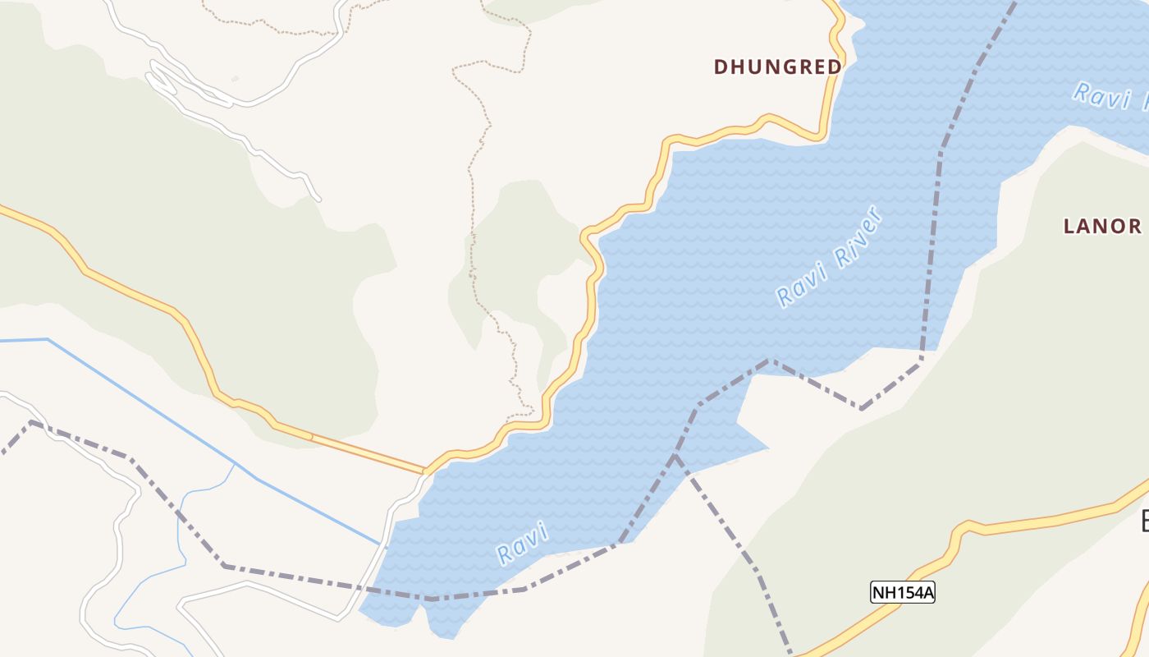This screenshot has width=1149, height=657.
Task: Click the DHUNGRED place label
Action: pyautogui.click(x=777, y=67)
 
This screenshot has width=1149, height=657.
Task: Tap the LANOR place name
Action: pyautogui.click(x=1101, y=227)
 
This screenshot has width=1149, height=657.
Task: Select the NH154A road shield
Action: pyautogui.click(x=903, y=592)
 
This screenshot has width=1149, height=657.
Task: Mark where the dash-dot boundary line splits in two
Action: pyautogui.click(x=675, y=457)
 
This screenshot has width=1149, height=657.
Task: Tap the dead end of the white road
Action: pyautogui.click(x=318, y=199)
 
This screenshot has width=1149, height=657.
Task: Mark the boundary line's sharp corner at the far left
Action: pyautogui.click(x=31, y=422)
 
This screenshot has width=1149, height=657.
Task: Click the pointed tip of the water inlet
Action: pyautogui.click(x=767, y=448)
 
